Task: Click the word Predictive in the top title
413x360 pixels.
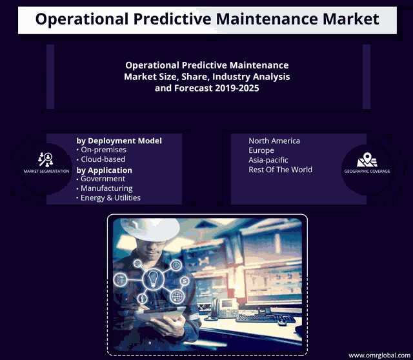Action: (x=172, y=19)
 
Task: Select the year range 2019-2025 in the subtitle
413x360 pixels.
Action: (x=237, y=88)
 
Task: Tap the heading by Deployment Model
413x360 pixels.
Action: (x=119, y=141)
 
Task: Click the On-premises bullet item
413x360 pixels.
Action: (x=101, y=150)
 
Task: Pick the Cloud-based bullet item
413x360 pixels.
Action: (x=101, y=159)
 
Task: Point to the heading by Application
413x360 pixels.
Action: (x=105, y=170)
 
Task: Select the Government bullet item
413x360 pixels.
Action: (x=101, y=179)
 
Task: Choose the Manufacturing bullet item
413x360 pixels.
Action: (x=105, y=188)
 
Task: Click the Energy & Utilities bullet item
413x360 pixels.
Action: (x=108, y=198)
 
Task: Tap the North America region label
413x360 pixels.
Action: (x=274, y=141)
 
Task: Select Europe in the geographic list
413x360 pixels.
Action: (x=261, y=150)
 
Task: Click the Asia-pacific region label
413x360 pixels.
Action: (x=268, y=160)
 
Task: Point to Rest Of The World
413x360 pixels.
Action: (x=281, y=170)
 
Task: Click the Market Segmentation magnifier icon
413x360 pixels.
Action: (x=46, y=159)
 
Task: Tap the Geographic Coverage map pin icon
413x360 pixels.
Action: (x=367, y=159)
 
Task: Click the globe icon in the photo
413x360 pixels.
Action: (x=177, y=297)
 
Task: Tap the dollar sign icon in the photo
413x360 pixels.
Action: (x=185, y=281)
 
